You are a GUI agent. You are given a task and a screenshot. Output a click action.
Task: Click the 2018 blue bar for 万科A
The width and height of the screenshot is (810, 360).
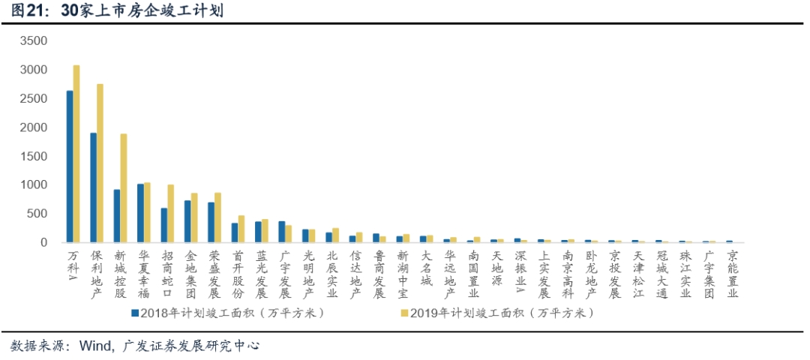tap(70, 166)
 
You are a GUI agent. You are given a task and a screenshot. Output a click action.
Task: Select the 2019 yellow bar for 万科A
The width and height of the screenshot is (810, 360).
tap(76, 154)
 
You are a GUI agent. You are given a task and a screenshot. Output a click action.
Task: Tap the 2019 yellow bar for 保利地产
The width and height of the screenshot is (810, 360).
tap(100, 163)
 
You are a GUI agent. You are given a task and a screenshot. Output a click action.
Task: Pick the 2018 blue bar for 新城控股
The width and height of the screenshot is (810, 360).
tap(117, 216)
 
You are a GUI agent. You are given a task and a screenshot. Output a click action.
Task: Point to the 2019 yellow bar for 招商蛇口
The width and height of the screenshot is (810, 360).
tap(170, 213)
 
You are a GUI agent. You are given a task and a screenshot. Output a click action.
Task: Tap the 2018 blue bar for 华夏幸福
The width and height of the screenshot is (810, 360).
tap(140, 213)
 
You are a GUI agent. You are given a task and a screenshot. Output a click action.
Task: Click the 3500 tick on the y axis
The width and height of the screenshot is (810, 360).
tap(34, 41)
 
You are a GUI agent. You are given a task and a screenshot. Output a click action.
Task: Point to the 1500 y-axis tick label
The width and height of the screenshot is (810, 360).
tap(34, 156)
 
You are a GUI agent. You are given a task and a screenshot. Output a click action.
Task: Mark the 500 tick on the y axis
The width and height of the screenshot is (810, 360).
tap(37, 214)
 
